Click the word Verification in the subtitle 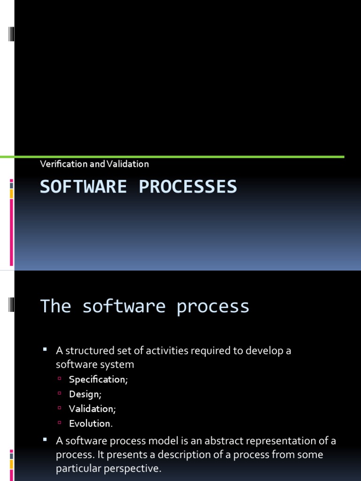coord(64,164)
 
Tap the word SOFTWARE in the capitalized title coord(83,186)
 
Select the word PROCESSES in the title coord(188,186)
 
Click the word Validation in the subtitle coord(128,164)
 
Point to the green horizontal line coord(172,157)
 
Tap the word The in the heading coord(55,306)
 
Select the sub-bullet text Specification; coord(98,380)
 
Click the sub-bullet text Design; coord(85,394)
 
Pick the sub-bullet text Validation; coord(92,409)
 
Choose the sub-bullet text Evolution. coord(91,423)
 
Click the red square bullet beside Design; coord(60,393)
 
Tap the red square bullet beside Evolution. coord(60,422)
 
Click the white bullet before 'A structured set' coord(45,349)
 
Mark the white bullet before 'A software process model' coord(45,439)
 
